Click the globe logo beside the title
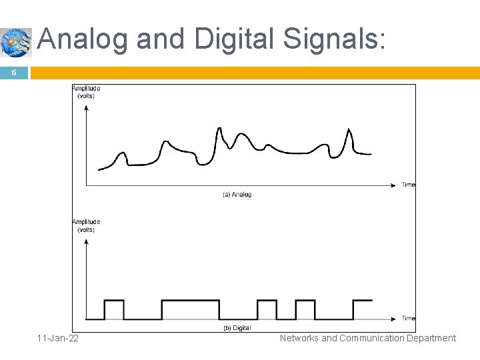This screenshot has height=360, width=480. [15, 43]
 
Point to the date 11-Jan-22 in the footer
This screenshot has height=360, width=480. [58, 338]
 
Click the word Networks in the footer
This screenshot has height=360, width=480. [299, 338]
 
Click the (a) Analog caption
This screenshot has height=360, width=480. [237, 195]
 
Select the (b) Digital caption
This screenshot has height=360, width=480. [237, 328]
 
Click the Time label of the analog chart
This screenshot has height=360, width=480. [408, 185]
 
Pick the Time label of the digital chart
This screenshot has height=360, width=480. [408, 318]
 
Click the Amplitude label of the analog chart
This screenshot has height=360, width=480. [86, 89]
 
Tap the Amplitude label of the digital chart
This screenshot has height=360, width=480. [86, 222]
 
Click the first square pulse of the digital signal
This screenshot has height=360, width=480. [114, 309]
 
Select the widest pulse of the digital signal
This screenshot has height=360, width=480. [190, 309]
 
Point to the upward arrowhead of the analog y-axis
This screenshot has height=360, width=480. [86, 108]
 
